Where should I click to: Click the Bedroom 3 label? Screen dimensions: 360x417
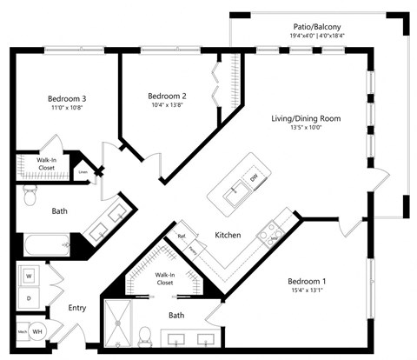click(67, 98)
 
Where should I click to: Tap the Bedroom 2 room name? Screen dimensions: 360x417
click(167, 96)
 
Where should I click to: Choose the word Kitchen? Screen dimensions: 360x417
click(228, 235)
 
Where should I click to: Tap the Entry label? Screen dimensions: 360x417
click(77, 308)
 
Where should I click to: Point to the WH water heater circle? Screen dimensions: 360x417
click(38, 331)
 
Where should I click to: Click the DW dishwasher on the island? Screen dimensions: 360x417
click(254, 178)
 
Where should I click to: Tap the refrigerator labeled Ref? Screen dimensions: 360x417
click(182, 237)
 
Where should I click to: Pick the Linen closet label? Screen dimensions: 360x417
click(83, 171)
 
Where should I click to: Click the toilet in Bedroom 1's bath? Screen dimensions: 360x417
click(147, 334)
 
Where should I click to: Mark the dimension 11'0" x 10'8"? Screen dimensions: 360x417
click(67, 109)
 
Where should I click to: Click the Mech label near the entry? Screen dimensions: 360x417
click(22, 331)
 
